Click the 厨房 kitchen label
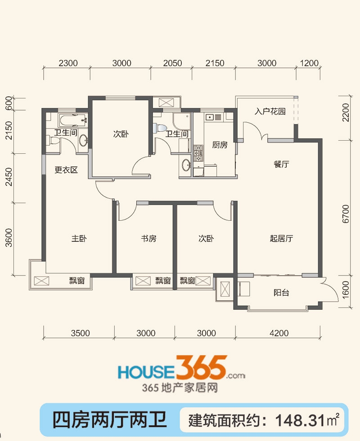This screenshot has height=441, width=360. [x=220, y=145]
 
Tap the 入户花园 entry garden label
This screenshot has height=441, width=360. [x=270, y=111]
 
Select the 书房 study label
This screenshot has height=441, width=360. [x=148, y=239]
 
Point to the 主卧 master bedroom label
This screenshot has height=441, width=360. [x=79, y=239]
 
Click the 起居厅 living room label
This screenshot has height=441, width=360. [x=281, y=239]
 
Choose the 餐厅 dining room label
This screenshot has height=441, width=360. [x=281, y=164]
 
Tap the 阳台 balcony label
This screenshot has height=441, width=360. [x=281, y=293]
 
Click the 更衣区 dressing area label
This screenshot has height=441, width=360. [x=66, y=170]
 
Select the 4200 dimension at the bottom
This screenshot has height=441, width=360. [x=279, y=333]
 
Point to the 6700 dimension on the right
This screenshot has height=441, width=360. [x=346, y=214]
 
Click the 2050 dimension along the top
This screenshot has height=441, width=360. [x=172, y=63]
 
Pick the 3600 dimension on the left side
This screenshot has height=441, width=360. [x=9, y=238]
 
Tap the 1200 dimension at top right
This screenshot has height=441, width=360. [x=309, y=63]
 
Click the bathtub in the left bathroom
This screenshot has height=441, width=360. [x=72, y=120]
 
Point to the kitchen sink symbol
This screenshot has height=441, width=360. [x=209, y=117]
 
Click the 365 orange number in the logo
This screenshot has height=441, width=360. [x=201, y=367]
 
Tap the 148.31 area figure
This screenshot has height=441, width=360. [x=301, y=421]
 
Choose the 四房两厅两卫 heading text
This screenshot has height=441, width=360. [x=109, y=420]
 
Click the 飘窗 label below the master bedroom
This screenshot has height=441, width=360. [x=77, y=281]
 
